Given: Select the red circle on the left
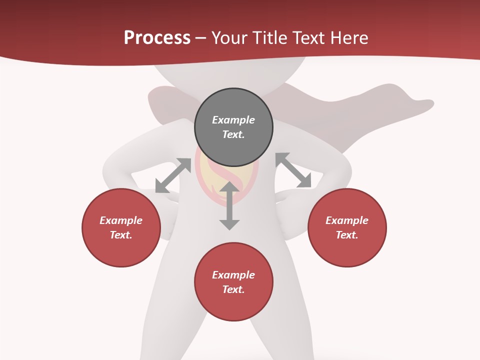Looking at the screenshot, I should point(121,227).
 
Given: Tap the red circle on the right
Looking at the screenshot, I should point(347,227).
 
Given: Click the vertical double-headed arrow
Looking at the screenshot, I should point(229,205).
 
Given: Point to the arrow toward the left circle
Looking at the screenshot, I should point(173,175).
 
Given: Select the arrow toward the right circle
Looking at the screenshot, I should point(293,170).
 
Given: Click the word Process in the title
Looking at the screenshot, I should point(157,38).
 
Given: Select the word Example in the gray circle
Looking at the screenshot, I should point(233,120).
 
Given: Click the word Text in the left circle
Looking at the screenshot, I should point(121,235).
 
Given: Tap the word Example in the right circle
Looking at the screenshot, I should point(347,220).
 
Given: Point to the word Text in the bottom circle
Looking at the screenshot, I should point(233,289).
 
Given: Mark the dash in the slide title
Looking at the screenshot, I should point(201,38).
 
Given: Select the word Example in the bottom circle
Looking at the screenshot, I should point(233,275).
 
